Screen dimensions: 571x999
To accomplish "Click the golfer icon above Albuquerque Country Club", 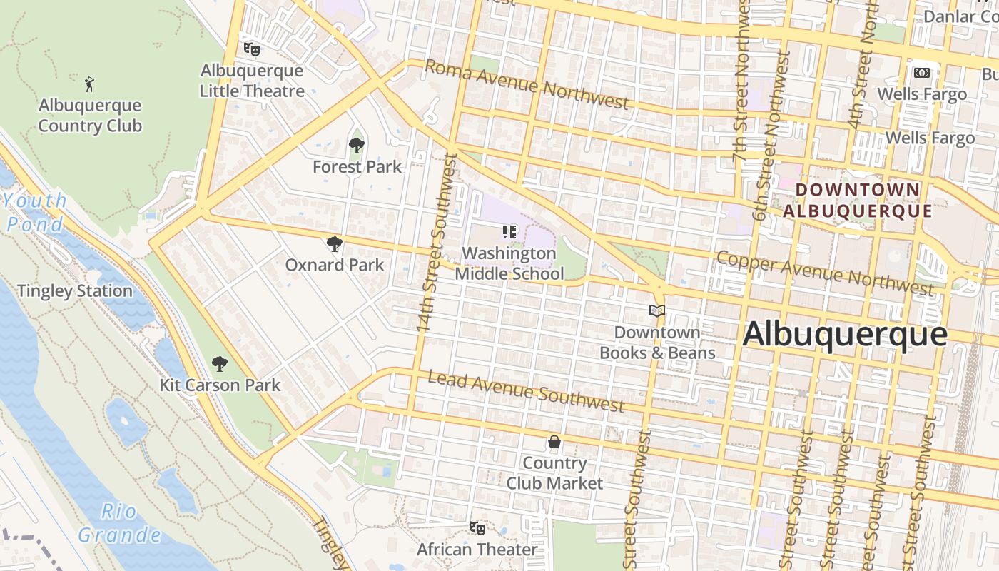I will pyautogui.click(x=89, y=84).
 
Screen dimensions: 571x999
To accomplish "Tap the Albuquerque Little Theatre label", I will pyautogui.click(x=252, y=81).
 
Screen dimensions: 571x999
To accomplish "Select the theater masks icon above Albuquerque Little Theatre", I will pyautogui.click(x=251, y=49).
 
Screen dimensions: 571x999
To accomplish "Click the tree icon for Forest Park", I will pyautogui.click(x=357, y=146).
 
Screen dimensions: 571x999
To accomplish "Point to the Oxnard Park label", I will pyautogui.click(x=334, y=265).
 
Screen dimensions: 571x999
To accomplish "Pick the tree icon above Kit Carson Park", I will pyautogui.click(x=220, y=364).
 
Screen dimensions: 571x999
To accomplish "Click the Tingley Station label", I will pyautogui.click(x=74, y=291).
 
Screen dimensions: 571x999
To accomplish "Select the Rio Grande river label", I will pyautogui.click(x=119, y=523).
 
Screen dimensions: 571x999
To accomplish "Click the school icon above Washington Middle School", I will pyautogui.click(x=509, y=231).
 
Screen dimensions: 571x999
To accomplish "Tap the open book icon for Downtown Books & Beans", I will pyautogui.click(x=657, y=311).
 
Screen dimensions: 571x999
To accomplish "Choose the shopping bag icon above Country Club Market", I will pyautogui.click(x=554, y=443).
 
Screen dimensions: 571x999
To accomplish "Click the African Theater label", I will pyautogui.click(x=477, y=550).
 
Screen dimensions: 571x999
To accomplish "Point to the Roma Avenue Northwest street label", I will pyautogui.click(x=527, y=84).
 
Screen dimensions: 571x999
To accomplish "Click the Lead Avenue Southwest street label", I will pyautogui.click(x=526, y=392).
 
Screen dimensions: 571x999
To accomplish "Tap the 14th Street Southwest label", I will pyautogui.click(x=435, y=243).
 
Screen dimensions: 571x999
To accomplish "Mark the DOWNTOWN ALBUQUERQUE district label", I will pyautogui.click(x=857, y=201).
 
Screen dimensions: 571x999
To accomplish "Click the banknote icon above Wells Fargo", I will pyautogui.click(x=922, y=73).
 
